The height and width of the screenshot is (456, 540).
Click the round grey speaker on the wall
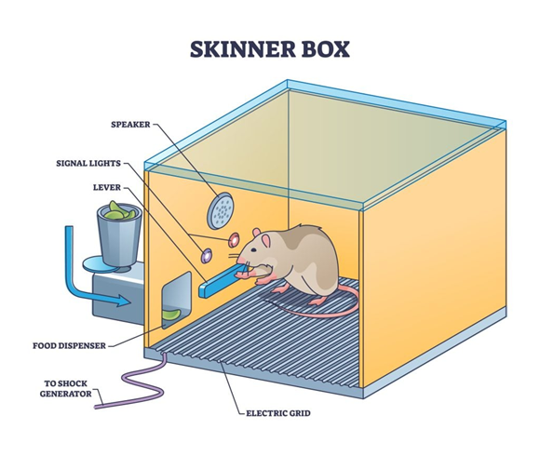(221, 210)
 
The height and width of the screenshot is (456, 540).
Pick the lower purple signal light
(207, 254)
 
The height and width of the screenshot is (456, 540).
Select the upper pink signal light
(234, 239)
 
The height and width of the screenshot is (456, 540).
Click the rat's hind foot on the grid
(317, 300)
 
